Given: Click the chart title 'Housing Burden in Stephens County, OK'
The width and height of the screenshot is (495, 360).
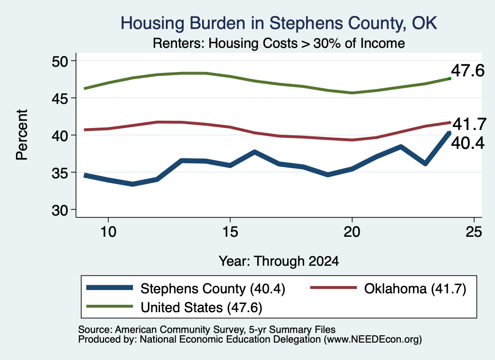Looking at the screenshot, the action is point(279,23).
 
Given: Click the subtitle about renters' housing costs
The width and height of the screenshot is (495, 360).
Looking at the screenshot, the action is point(279,43).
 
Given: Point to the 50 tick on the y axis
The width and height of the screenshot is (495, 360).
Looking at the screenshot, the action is point(60,61).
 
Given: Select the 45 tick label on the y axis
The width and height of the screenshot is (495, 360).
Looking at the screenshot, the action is point(60,99).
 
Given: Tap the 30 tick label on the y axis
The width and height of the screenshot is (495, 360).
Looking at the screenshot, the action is point(60,210).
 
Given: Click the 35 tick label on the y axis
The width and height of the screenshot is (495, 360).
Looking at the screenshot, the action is point(60,173).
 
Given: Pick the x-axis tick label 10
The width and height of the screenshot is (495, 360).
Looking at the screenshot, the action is point(108,232).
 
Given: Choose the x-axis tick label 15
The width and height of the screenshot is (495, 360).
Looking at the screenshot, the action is point(230,232).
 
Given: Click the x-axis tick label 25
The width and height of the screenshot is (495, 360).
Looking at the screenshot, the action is point(474,232).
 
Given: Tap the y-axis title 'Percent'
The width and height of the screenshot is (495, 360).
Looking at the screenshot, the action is point(22,135).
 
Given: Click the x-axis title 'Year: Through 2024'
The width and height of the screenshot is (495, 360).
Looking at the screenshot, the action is point(279,261).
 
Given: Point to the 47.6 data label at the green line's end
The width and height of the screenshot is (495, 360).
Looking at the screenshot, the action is point(467,71).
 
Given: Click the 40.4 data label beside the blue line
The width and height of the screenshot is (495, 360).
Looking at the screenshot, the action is point(467,143).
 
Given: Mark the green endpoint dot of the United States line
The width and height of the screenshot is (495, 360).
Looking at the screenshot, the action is point(450,79).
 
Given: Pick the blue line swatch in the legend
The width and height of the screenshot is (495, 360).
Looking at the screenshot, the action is point(109,288).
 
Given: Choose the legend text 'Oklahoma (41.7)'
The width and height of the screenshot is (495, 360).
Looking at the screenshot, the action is point(415,288).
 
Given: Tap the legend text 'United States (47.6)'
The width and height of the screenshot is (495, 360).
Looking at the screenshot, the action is point(202,307).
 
